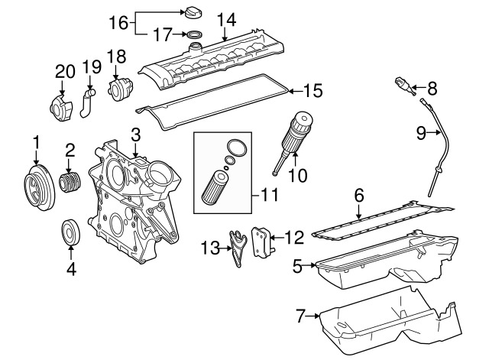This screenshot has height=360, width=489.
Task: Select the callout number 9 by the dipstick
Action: coord(420,133)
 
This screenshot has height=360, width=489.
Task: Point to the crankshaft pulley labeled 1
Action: coord(35,186)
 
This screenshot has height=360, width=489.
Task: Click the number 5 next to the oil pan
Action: coord(298,266)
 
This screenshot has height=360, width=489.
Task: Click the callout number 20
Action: coord(61,73)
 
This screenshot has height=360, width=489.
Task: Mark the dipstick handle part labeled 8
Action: coord(406,85)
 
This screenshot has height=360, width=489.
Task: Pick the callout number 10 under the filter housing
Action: coord(297,175)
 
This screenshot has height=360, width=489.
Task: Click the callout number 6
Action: coord(358,196)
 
